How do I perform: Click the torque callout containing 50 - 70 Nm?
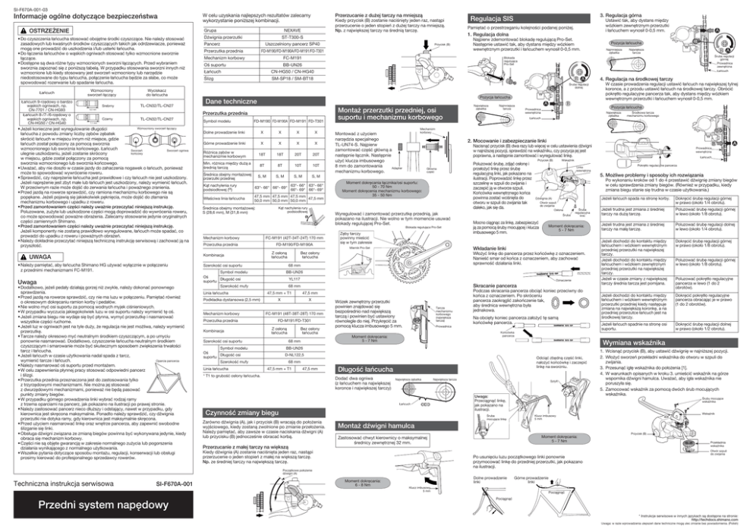click(x=358, y=187)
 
